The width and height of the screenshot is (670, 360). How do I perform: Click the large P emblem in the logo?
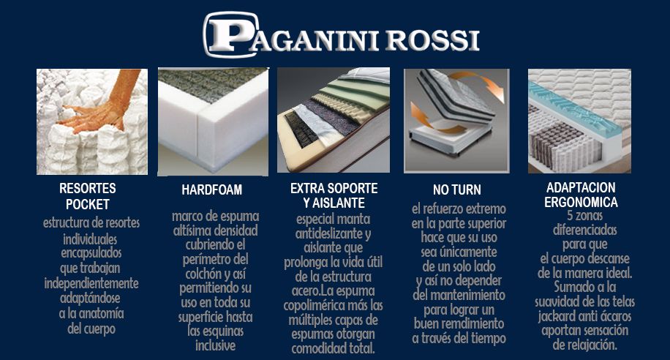227,36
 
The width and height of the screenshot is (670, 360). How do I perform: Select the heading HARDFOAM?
211,190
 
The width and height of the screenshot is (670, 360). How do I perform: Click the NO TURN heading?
456,190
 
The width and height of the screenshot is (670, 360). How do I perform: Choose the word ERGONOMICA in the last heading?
581,202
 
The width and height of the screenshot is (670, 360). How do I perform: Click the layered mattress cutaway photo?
332,121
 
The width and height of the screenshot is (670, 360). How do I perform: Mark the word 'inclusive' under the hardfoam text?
215,345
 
